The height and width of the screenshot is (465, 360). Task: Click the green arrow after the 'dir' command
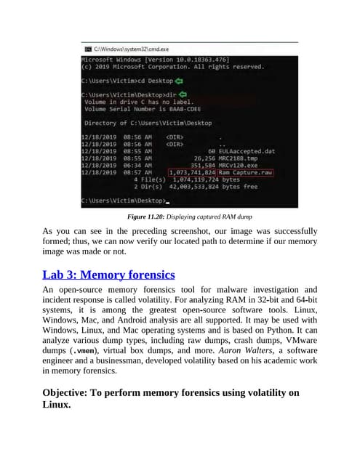point(183,94)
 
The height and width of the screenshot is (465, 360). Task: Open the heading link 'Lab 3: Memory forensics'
point(108,275)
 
